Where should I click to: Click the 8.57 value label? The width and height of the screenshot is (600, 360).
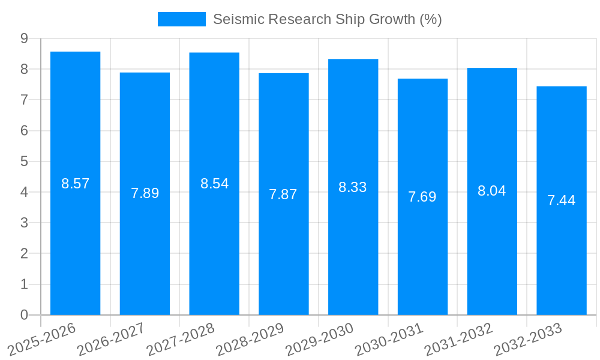[x=75, y=184]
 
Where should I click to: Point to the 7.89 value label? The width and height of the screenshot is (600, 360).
[x=145, y=193]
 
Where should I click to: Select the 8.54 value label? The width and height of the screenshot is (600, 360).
[x=214, y=184]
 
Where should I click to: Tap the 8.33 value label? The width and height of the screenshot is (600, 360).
[x=353, y=187]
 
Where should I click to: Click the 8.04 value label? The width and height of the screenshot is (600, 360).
[x=492, y=191]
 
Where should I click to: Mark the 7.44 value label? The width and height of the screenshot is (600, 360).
[x=562, y=200]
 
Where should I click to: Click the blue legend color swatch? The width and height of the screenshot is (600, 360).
[x=181, y=19]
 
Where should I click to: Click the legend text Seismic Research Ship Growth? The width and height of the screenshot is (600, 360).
[x=328, y=19]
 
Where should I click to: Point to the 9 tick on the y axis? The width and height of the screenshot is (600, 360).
[x=24, y=38]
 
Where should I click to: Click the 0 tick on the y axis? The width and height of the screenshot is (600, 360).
[x=24, y=315]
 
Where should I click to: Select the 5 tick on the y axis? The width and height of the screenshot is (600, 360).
[x=24, y=161]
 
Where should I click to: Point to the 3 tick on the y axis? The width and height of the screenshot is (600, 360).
[x=24, y=223]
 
